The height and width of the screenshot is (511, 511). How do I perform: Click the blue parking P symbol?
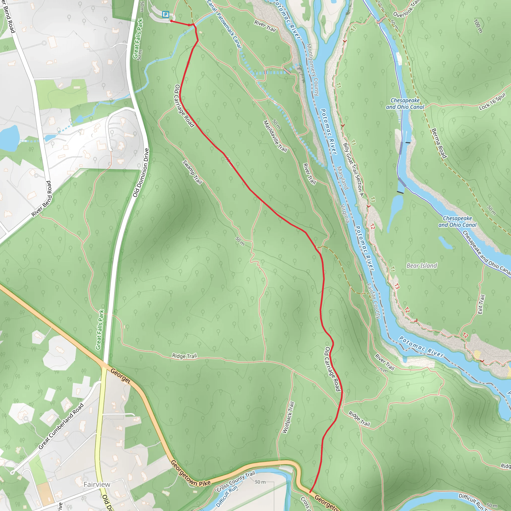click(x=166, y=14)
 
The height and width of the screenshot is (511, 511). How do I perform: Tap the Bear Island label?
click(x=422, y=265)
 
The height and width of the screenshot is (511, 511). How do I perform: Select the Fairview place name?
click(x=97, y=484)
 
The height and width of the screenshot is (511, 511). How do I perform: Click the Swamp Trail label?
click(x=192, y=172)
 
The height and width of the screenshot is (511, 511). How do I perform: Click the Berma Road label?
click(x=439, y=143)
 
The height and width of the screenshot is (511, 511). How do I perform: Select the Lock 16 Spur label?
click(x=492, y=101)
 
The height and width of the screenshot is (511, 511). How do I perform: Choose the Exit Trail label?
click(x=481, y=304)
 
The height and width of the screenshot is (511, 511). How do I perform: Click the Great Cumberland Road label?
click(x=61, y=426)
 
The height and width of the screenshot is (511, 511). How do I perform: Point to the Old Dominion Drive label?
click(x=141, y=172)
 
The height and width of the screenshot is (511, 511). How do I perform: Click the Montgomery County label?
click(x=313, y=70)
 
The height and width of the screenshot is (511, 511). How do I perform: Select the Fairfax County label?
click(x=374, y=301)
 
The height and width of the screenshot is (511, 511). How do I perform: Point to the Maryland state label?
click(x=343, y=178)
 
